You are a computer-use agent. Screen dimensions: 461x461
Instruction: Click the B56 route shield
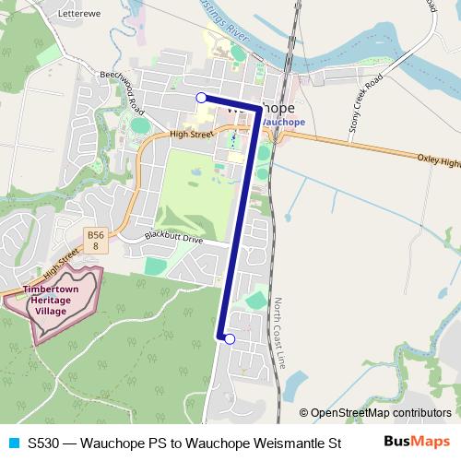(x=95, y=242)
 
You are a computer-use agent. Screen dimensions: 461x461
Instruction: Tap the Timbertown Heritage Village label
(x=57, y=301)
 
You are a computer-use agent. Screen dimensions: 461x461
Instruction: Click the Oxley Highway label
(x=438, y=160)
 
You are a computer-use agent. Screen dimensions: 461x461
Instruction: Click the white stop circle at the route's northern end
(x=201, y=97)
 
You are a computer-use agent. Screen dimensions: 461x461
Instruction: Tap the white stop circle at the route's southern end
(x=230, y=339)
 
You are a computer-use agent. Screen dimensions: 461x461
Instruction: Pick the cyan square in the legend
(x=13, y=443)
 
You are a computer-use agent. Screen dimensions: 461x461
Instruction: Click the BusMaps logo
(x=417, y=442)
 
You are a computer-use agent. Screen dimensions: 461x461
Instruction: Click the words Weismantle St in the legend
(x=298, y=443)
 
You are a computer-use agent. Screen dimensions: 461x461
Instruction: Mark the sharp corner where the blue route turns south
(x=256, y=109)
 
